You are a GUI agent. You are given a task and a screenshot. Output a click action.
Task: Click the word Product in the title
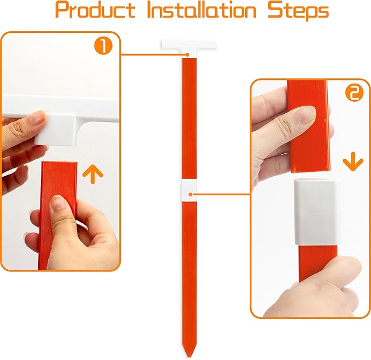pos(95,10)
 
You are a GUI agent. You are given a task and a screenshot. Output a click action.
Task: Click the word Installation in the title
pos(202,10)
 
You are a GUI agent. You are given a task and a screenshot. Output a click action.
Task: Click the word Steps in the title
pos(298,11)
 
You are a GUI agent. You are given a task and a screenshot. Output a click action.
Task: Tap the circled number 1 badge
pos(103,46)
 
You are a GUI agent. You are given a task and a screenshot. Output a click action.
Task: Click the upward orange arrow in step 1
pos(93,174)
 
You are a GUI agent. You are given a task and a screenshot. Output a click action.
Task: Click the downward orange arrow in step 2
pos(353,161)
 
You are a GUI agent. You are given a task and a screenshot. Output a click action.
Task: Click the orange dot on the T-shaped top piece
pos(187,55)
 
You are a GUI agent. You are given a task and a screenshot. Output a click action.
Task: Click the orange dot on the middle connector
pos(191,194)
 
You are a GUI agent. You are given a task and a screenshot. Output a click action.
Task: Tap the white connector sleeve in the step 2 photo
pos(316,212)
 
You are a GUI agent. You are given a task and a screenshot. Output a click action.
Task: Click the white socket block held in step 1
pos(56,129)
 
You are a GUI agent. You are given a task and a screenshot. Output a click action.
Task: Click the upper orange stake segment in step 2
pos(309,126)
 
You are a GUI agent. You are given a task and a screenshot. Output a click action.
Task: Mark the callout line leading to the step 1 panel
pos(154,55)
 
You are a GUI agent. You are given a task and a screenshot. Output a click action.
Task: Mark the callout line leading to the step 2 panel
pos(221,194)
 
